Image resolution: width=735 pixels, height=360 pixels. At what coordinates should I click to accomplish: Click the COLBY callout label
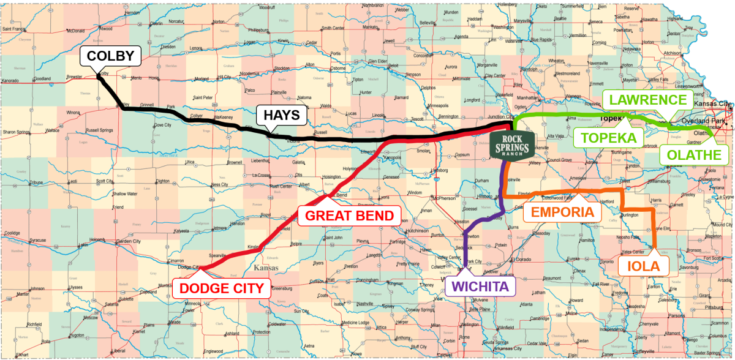tap(111, 56)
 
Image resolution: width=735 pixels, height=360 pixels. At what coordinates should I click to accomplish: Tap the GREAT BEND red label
tap(349, 216)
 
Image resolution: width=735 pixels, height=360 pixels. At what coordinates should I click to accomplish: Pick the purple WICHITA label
tap(481, 285)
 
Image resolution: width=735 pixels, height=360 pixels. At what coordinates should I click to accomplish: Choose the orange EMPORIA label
tap(562, 212)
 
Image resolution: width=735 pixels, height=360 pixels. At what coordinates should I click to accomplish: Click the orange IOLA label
tap(643, 266)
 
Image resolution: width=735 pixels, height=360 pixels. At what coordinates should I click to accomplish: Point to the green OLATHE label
tap(693, 155)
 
